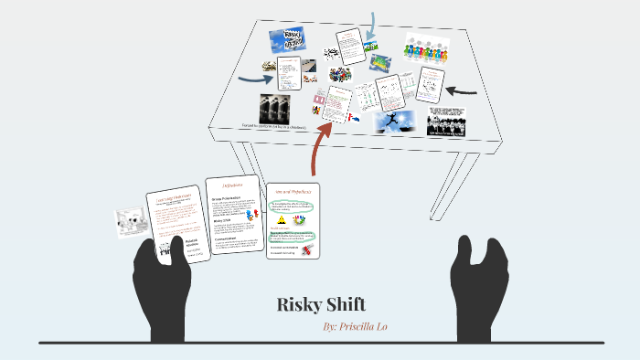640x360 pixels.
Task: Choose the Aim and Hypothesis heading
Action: pos(292,192)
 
